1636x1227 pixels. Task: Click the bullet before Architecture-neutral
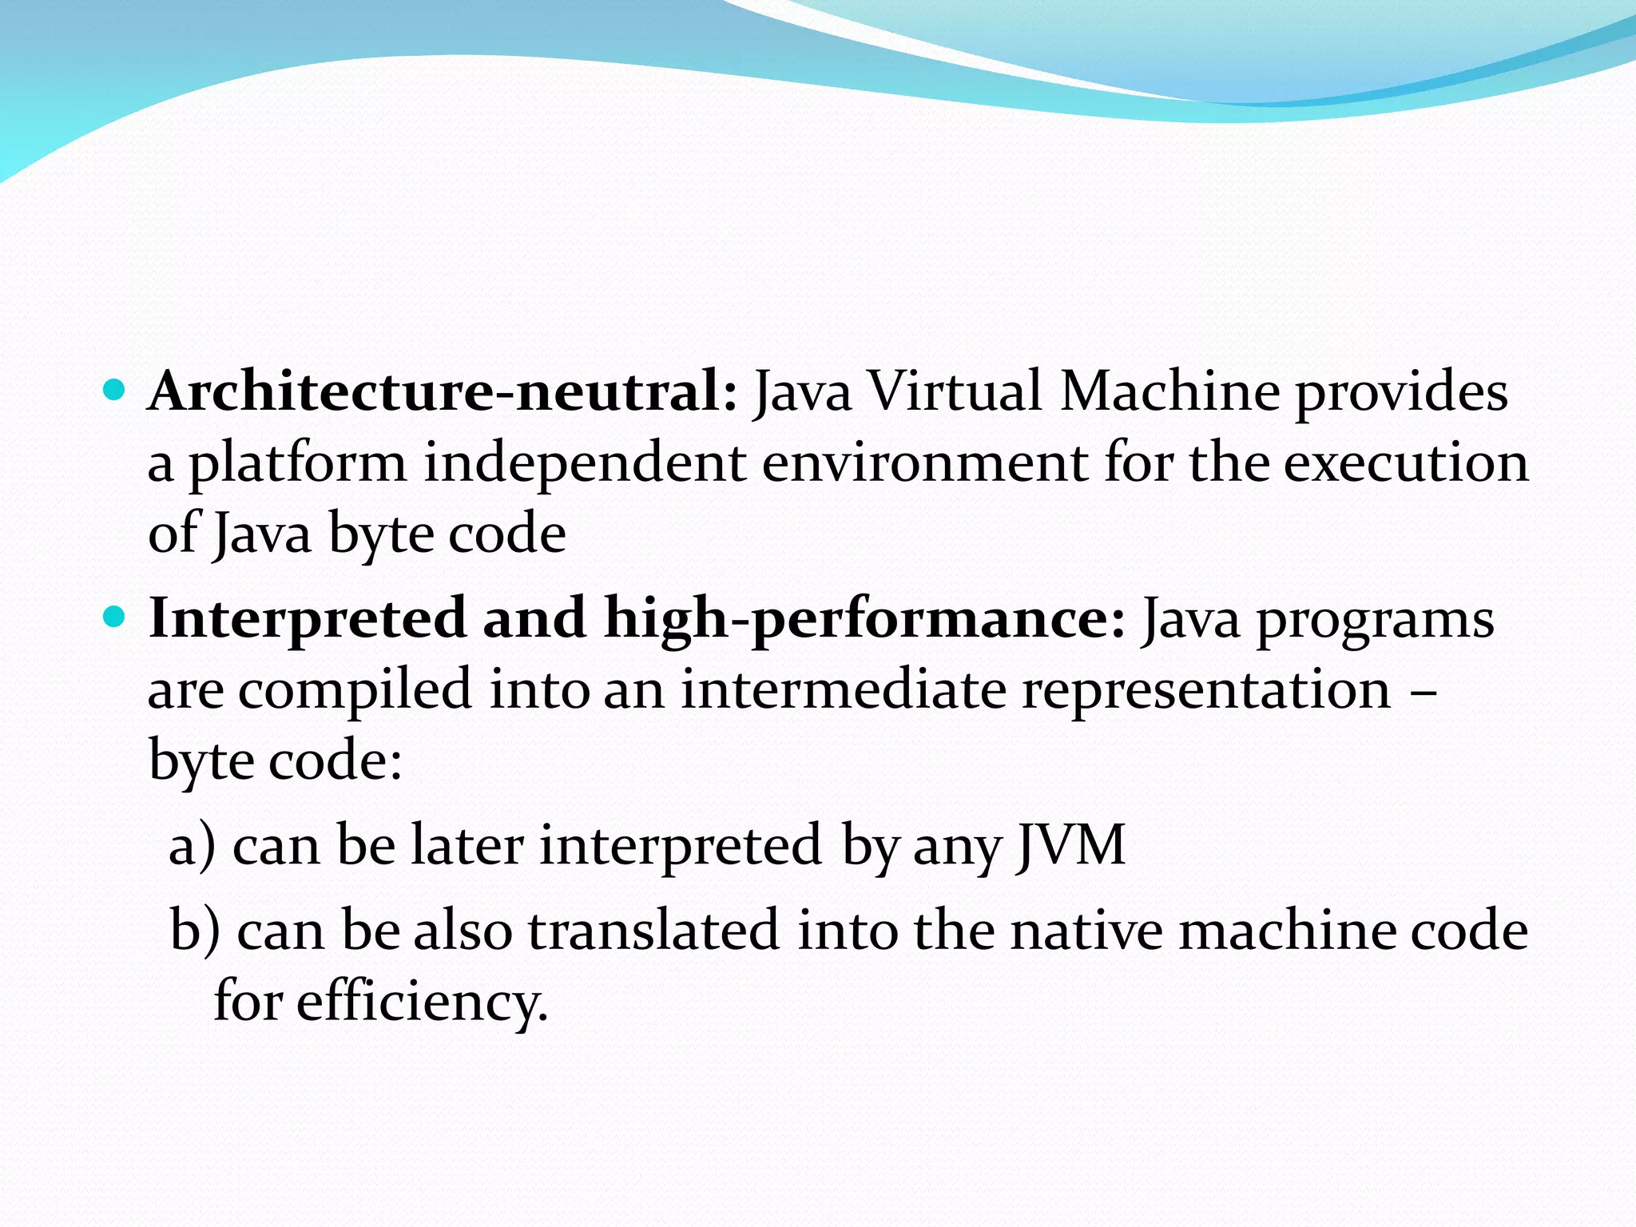pyautogui.click(x=115, y=391)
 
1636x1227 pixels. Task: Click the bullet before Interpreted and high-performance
pyautogui.click(x=115, y=617)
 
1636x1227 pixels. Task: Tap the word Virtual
pyautogui.click(x=955, y=392)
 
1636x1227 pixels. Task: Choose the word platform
pyautogui.click(x=297, y=466)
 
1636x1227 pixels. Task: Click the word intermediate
pyautogui.click(x=843, y=689)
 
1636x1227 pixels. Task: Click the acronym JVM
pyautogui.click(x=1070, y=845)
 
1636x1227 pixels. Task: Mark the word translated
pyautogui.click(x=653, y=931)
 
